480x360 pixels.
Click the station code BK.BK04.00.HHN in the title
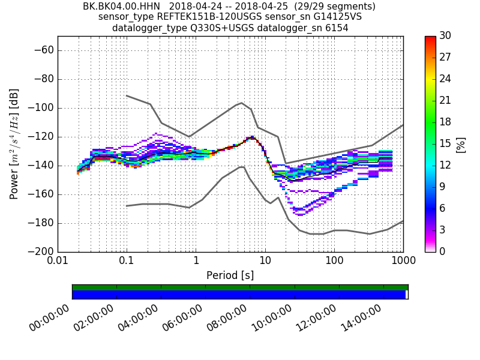pyautogui.click(x=122, y=7)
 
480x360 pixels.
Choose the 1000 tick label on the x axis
pyautogui.click(x=403, y=262)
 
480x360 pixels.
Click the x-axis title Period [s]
pyautogui.click(x=230, y=275)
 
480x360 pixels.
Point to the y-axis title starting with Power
pyautogui.click(x=14, y=143)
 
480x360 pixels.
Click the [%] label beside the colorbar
pyautogui.click(x=461, y=144)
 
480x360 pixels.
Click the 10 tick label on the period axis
pyautogui.click(x=265, y=262)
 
